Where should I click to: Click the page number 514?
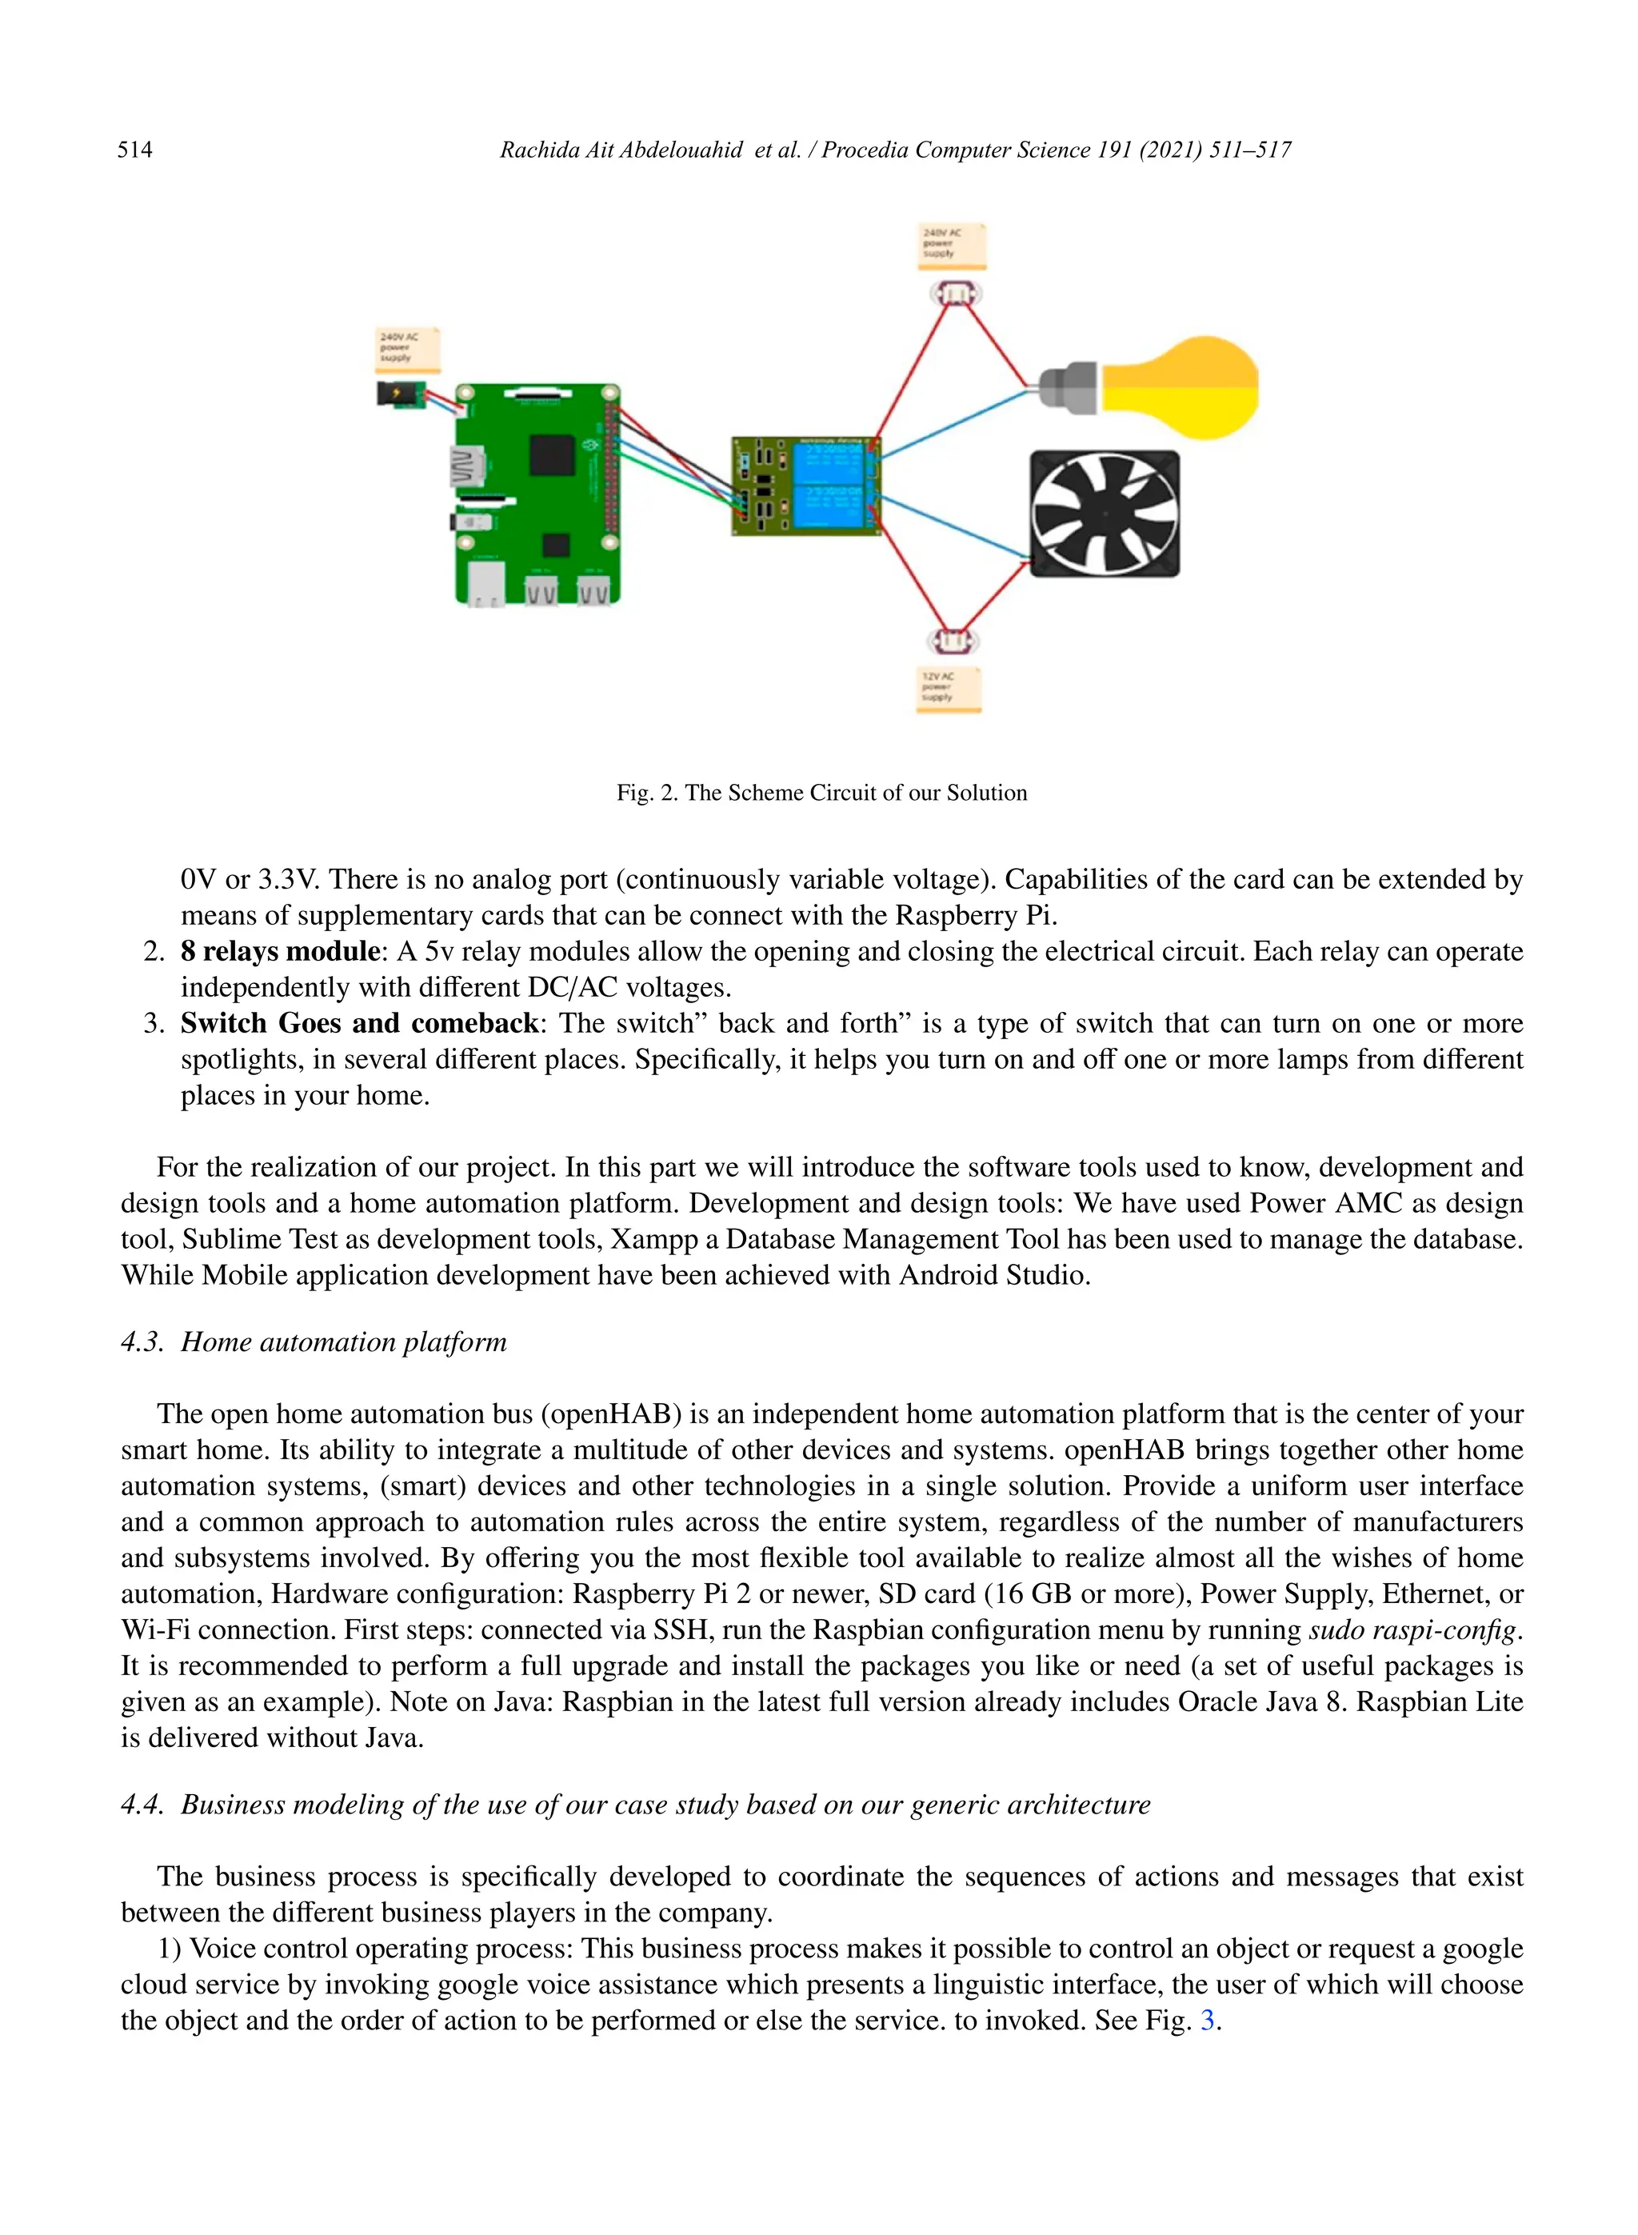[135, 150]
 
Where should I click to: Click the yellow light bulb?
[1170, 389]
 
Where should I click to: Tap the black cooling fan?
[1105, 514]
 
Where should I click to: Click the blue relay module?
[806, 486]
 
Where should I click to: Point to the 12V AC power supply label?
[949, 688]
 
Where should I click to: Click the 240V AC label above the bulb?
[952, 244]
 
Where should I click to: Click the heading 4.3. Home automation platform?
[314, 1342]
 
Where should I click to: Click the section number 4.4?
[141, 1805]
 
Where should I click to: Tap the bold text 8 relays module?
[280, 952]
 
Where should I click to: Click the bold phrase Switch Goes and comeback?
[358, 1023]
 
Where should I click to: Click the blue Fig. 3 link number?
[1207, 2021]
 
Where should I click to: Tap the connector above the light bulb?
[955, 294]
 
